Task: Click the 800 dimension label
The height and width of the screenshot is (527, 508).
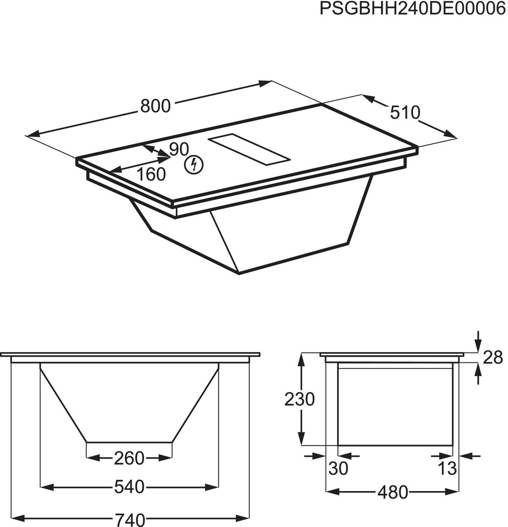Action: click(155, 106)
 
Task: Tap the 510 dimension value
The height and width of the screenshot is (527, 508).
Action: click(405, 113)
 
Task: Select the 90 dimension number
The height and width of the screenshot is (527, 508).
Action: click(178, 149)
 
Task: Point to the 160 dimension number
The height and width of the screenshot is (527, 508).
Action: click(151, 174)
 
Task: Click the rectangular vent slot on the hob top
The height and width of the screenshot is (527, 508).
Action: click(250, 150)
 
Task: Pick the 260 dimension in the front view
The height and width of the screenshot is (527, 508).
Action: click(129, 458)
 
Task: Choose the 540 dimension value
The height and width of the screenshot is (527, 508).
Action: click(129, 487)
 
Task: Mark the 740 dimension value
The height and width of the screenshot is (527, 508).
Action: click(130, 519)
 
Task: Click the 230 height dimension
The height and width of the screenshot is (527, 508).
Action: click(299, 399)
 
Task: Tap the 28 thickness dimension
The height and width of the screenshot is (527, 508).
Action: click(493, 358)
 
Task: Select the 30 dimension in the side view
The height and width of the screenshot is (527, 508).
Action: click(338, 469)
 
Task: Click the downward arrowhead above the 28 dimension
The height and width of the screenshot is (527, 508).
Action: click(478, 346)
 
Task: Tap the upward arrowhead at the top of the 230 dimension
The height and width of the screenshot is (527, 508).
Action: click(301, 358)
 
